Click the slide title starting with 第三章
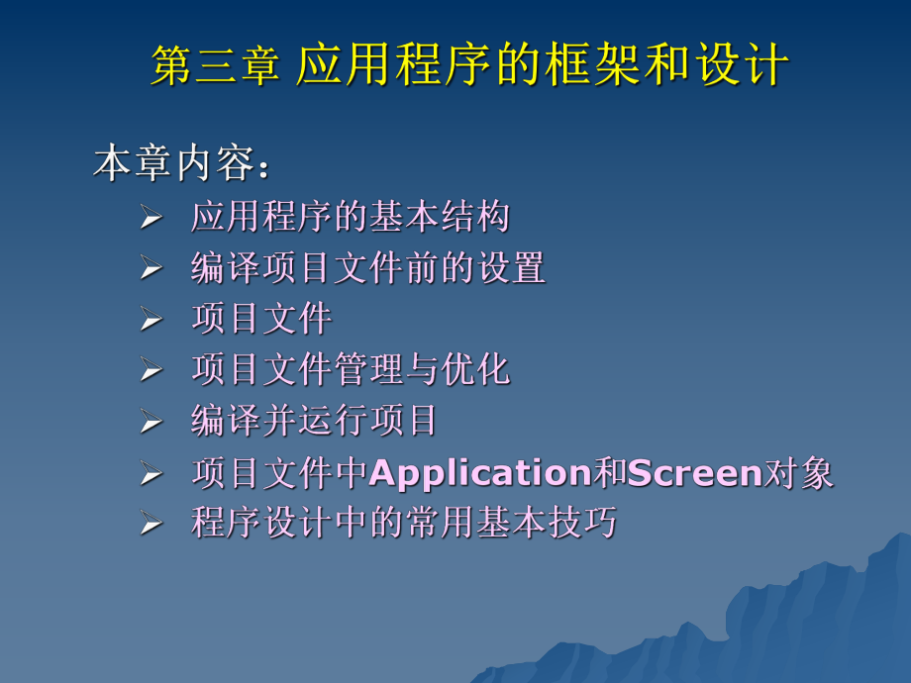point(470,67)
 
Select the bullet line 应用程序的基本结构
point(351,217)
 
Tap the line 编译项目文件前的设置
point(368,267)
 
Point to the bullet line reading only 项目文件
point(261,319)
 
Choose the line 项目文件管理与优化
point(351,370)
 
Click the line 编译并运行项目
point(315,421)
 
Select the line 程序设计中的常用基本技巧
point(404,522)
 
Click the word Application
point(480,473)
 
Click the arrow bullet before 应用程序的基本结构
point(150,219)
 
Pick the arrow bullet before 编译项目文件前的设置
point(150,269)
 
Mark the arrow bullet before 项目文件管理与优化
point(150,372)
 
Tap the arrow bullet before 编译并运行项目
point(150,423)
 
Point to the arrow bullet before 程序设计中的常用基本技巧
point(150,524)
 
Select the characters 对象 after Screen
point(799,473)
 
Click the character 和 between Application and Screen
point(610,473)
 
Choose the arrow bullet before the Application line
point(150,475)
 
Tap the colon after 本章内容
point(263,168)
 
